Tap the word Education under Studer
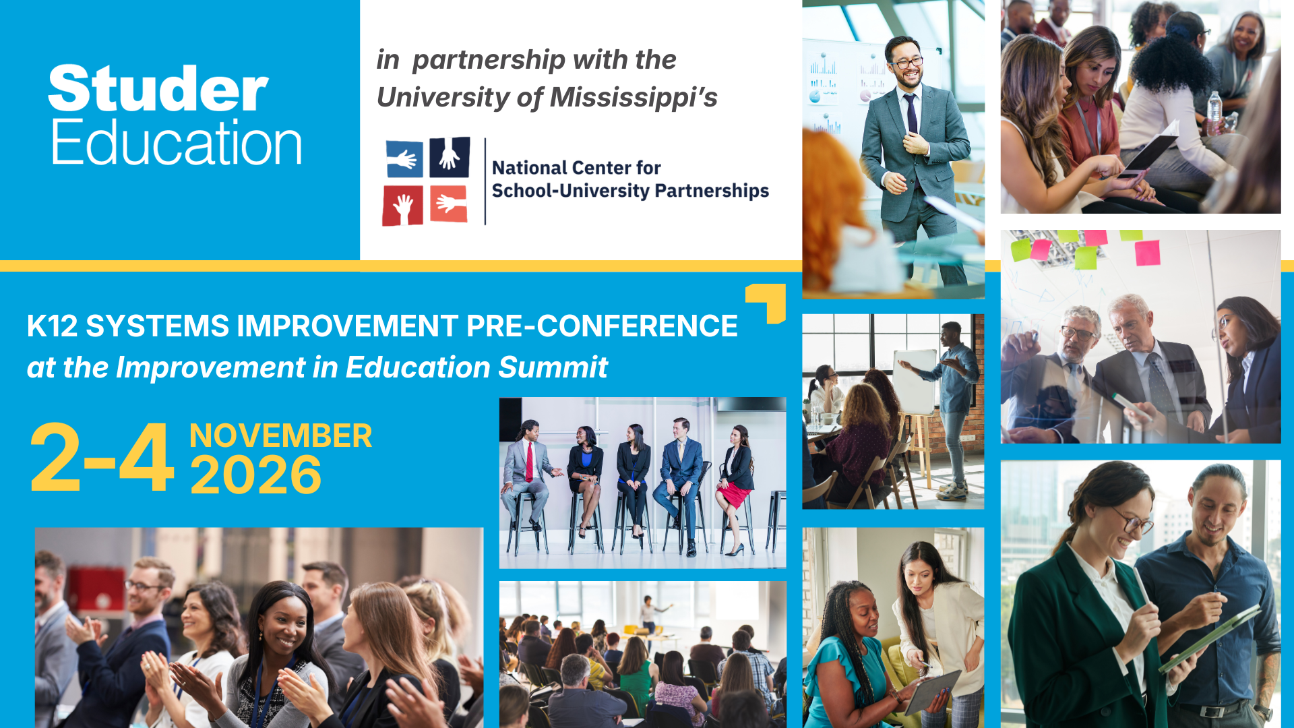click(x=177, y=142)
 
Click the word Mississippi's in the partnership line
click(x=634, y=98)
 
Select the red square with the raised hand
click(x=402, y=206)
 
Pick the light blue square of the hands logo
click(x=404, y=159)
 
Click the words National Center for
click(x=576, y=168)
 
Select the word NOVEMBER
click(x=280, y=436)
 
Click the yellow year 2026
click(x=256, y=475)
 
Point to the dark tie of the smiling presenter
click(x=911, y=113)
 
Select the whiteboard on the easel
click(x=915, y=382)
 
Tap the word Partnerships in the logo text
click(x=712, y=191)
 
